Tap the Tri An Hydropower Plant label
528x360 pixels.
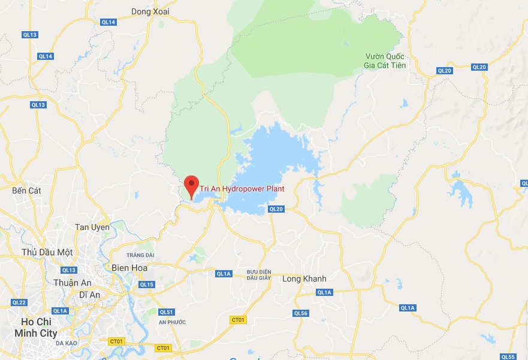(242, 189)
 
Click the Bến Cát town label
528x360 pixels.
(26, 190)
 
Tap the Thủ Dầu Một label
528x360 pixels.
(47, 252)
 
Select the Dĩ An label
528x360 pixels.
(89, 295)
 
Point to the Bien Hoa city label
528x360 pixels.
(129, 268)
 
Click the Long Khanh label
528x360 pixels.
(304, 279)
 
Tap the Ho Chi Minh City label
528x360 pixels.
(36, 328)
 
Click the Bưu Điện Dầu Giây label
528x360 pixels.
(260, 275)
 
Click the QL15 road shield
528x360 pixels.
(147, 285)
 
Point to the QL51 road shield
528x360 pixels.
(166, 312)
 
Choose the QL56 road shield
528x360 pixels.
(300, 313)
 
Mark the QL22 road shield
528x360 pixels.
(19, 302)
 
